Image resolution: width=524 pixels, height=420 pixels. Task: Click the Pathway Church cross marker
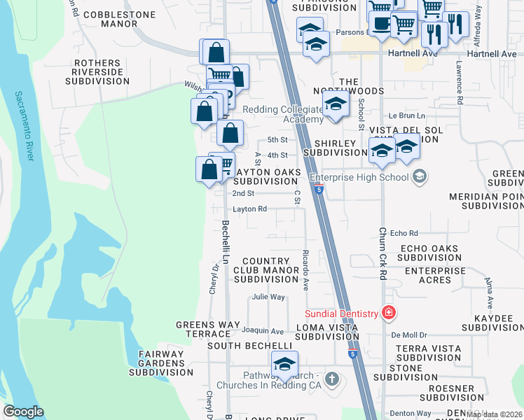point(332,380)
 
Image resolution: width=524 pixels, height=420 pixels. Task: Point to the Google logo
point(23,412)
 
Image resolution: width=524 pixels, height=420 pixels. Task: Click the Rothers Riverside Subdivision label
point(97,72)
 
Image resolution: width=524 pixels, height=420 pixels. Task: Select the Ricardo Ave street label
point(305,269)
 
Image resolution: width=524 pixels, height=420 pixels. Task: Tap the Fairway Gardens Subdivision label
point(160,363)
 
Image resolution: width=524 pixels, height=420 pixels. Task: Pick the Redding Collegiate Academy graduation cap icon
point(336,105)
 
